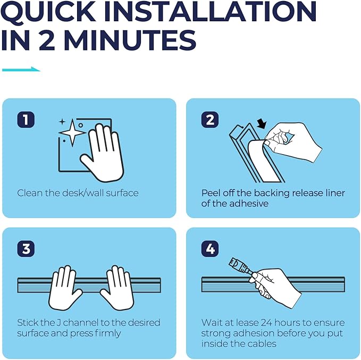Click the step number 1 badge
pyautogui.click(x=26, y=120)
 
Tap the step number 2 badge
pyautogui.click(x=209, y=120)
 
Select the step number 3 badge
pyautogui.click(x=26, y=249)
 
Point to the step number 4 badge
pyautogui.click(x=209, y=249)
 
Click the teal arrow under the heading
pyautogui.click(x=21, y=69)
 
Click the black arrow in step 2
pyautogui.click(x=262, y=124)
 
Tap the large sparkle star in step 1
pyautogui.click(x=72, y=132)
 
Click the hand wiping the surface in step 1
pyautogui.click(x=102, y=153)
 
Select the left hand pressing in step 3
pyautogui.click(x=65, y=288)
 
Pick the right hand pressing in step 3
pyautogui.click(x=117, y=288)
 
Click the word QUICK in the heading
pyautogui.click(x=48, y=12)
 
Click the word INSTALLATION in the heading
pyautogui.click(x=211, y=12)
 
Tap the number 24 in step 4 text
pyautogui.click(x=266, y=323)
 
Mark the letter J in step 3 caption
pyautogui.click(x=58, y=323)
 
